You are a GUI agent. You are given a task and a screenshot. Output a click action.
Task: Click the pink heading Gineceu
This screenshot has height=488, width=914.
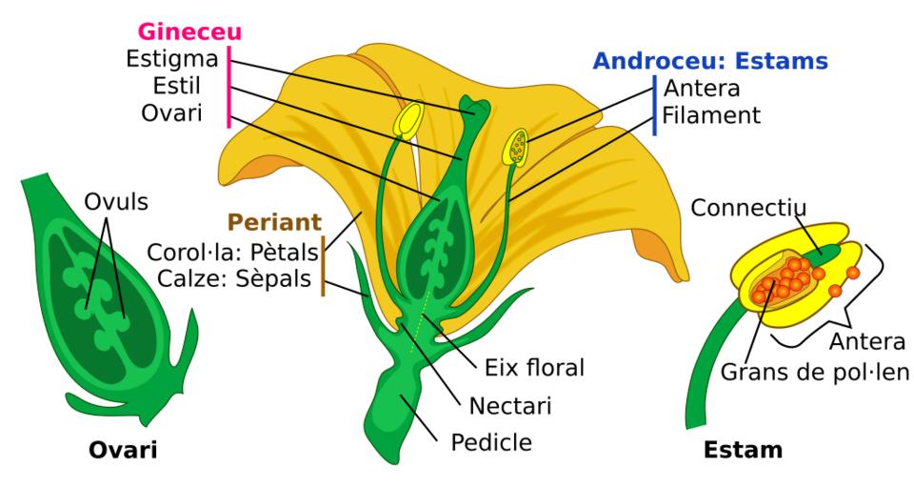(189, 32)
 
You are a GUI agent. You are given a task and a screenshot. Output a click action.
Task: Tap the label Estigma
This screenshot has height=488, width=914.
(172, 59)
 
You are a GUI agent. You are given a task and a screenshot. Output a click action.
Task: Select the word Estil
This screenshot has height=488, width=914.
(177, 86)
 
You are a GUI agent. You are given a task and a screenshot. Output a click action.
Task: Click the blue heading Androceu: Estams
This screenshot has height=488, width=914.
(710, 61)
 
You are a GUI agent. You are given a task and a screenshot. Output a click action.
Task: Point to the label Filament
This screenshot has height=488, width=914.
(711, 115)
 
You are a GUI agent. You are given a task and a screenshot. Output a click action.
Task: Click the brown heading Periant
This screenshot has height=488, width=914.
(274, 222)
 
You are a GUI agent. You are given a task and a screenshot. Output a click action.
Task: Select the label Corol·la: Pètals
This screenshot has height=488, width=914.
(232, 253)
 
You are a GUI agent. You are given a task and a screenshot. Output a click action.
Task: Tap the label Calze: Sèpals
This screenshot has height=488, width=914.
(234, 279)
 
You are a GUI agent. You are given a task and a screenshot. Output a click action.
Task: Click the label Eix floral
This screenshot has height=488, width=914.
(534, 368)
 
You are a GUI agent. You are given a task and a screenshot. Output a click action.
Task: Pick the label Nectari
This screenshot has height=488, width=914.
(510, 406)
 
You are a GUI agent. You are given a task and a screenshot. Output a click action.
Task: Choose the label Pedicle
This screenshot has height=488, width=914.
(491, 442)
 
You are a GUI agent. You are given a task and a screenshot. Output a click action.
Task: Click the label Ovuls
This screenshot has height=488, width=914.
(116, 202)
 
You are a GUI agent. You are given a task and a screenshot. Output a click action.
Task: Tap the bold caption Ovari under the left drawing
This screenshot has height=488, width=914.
(123, 451)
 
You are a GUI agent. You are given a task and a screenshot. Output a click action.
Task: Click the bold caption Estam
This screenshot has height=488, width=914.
(744, 450)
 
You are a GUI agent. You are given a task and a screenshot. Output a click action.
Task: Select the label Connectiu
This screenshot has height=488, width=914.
(748, 208)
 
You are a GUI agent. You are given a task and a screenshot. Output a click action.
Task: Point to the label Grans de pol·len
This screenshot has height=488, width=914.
(814, 372)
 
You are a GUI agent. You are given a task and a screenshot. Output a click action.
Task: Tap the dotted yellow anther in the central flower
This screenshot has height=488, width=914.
(515, 147)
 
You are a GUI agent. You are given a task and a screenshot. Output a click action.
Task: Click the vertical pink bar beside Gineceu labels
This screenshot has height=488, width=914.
(229, 87)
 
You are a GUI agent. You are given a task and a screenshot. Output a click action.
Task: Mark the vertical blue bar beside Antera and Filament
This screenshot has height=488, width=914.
(655, 105)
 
